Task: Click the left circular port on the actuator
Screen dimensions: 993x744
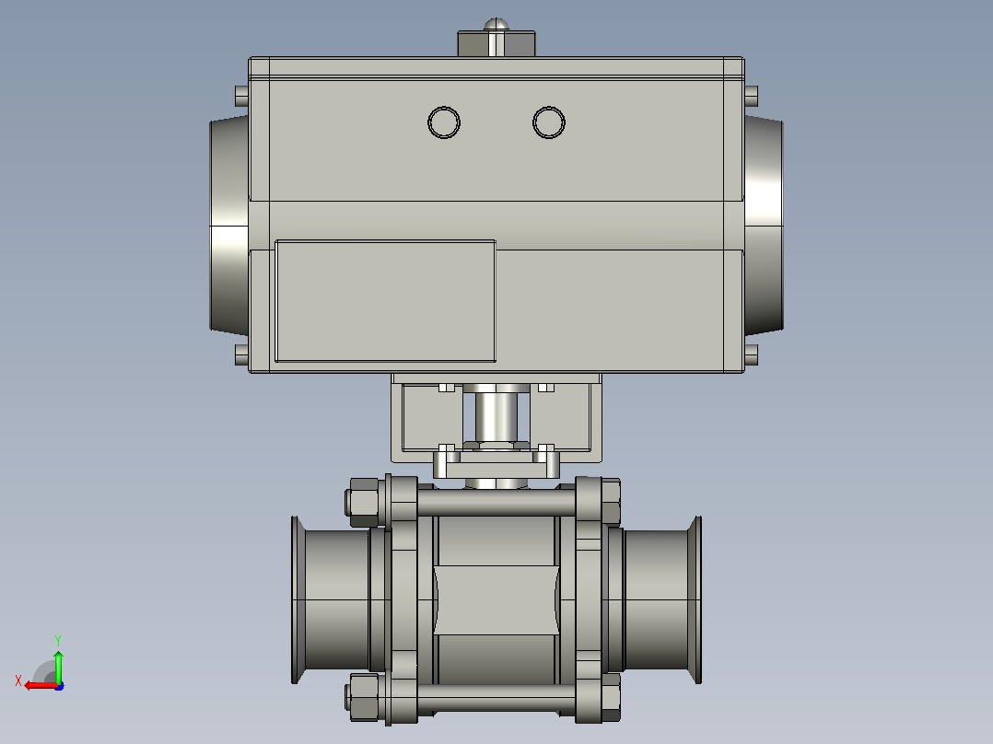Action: pyautogui.click(x=444, y=122)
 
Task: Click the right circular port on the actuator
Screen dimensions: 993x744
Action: pyautogui.click(x=549, y=122)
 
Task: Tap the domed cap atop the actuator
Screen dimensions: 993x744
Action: pyautogui.click(x=496, y=25)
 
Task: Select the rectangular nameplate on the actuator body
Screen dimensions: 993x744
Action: pyautogui.click(x=386, y=301)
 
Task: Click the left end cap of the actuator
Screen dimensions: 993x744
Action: pyautogui.click(x=229, y=225)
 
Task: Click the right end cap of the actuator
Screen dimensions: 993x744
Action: pyautogui.click(x=764, y=225)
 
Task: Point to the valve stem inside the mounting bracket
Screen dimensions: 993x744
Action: pyautogui.click(x=496, y=416)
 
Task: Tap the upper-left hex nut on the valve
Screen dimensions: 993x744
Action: pyautogui.click(x=363, y=502)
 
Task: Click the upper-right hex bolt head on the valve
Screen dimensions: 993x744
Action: pyautogui.click(x=611, y=502)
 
